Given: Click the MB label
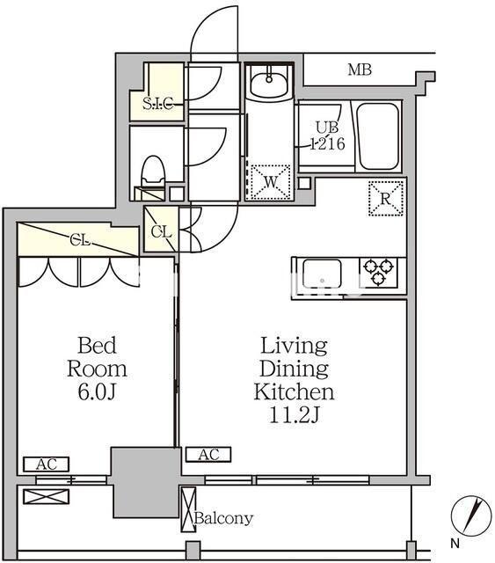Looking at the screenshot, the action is point(360,69).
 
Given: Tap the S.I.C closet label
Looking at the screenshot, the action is point(158,104).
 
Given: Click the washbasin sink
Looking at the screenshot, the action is point(269,82).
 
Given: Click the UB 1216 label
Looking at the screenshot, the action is point(327,135).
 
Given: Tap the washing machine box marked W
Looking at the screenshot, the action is point(270,182).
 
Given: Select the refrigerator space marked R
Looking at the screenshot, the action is point(386,199).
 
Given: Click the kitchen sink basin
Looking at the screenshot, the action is point(322,274).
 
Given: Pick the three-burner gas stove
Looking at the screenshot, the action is point(379,272).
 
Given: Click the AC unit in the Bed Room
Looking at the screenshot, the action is point(46,464).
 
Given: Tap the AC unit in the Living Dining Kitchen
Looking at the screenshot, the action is point(208,455).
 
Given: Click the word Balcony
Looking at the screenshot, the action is point(223,518).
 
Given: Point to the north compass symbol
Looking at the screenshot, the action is point(471,515).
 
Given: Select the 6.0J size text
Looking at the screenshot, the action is point(97,392).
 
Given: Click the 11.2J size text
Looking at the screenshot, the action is point(294,415).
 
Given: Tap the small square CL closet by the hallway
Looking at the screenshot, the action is point(161,230).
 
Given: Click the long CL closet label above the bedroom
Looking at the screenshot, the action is point(79,240).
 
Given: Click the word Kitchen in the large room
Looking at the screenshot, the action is point(294,392).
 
